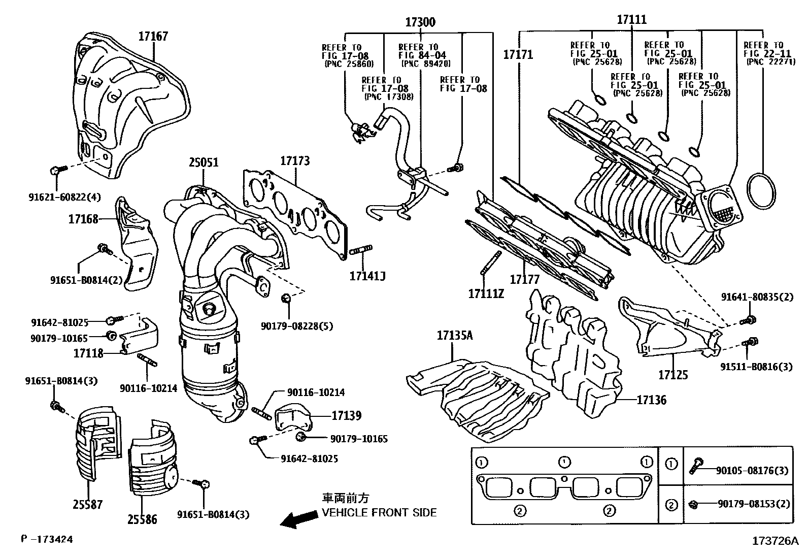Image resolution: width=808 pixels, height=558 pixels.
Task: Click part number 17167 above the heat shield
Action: (153, 37)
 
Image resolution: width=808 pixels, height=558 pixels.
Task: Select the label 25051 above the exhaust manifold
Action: (204, 162)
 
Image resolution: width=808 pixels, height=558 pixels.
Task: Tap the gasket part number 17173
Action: (295, 161)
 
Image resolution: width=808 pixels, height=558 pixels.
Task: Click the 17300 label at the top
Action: (420, 22)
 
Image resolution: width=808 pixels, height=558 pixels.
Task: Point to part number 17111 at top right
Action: (632, 20)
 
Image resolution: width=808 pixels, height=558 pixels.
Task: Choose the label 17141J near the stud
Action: (367, 276)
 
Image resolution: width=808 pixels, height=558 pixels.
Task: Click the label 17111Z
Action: (486, 293)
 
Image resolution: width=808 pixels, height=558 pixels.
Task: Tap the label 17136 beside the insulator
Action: (652, 400)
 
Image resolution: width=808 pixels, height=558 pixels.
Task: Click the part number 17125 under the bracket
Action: (673, 375)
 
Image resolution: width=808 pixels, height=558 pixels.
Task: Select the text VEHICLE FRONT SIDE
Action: (379, 513)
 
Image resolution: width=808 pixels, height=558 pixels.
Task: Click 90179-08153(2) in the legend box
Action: (754, 504)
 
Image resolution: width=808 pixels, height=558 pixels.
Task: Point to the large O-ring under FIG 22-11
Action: (762, 191)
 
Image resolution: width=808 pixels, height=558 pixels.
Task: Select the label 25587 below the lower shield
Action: (87, 504)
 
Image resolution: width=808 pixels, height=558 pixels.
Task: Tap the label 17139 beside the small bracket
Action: (347, 416)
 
